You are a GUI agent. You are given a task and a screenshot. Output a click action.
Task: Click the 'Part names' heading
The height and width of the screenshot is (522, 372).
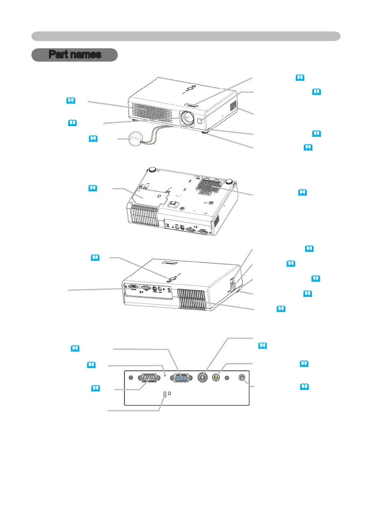pos(75,55)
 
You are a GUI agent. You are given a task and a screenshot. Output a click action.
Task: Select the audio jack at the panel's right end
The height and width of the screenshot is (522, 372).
pos(242,377)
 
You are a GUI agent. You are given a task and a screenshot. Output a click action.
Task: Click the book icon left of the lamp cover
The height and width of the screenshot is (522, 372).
pos(93,188)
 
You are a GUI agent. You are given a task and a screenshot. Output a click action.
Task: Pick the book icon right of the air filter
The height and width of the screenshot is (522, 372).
pos(302,193)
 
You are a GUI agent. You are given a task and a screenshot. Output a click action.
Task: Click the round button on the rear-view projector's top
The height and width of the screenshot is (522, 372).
pos(171,277)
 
